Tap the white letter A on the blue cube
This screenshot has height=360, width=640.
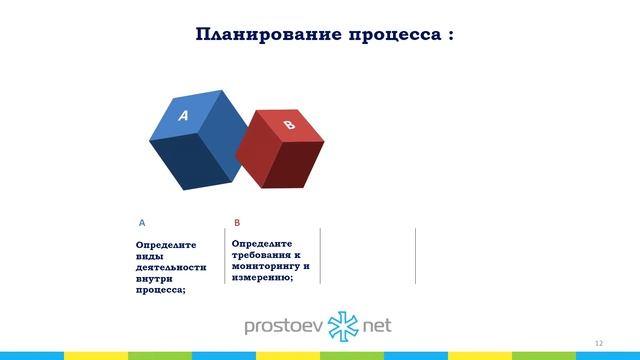[x=183, y=116]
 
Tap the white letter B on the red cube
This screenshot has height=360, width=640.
[x=289, y=125]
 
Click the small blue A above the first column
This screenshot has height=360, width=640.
[x=142, y=222]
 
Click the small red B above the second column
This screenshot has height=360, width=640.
[x=237, y=222]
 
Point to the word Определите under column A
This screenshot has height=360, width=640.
[x=166, y=244]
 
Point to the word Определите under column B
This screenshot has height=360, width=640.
[x=261, y=243]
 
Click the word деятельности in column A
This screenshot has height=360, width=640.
[x=171, y=267]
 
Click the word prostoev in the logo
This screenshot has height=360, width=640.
[x=285, y=326]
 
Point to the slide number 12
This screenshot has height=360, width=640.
[x=598, y=343]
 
